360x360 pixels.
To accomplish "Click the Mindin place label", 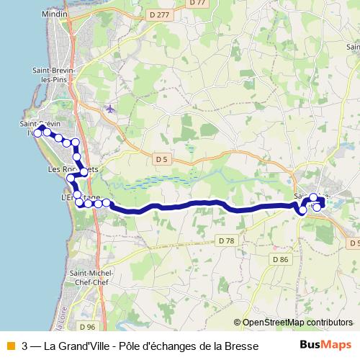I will (x=56, y=14).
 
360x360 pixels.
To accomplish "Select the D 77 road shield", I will (x=196, y=3).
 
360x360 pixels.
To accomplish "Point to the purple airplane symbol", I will (x=109, y=109).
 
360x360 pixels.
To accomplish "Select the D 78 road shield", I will (x=225, y=240).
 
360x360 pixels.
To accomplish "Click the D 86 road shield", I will (x=280, y=258).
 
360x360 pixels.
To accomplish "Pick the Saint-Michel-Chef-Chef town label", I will (x=89, y=277).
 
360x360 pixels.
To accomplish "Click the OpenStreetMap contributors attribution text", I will (x=297, y=322).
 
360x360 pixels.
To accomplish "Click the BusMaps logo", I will (x=325, y=345).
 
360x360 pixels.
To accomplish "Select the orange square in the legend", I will (x=9, y=346).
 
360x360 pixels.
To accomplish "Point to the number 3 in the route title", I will (x=25, y=346).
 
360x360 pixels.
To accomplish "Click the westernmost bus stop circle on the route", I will (x=38, y=132).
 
